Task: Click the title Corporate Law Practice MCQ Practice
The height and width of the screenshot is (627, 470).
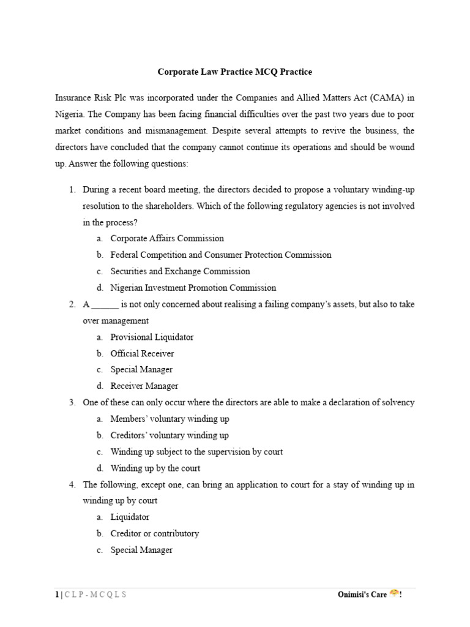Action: coord(235,72)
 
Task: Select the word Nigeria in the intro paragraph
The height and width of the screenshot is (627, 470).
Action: coord(69,114)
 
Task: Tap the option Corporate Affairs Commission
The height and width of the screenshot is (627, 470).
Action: coord(167,238)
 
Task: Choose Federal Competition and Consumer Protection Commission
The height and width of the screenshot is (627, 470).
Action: coord(221,255)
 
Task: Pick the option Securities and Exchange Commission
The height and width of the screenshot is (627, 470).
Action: coord(180,271)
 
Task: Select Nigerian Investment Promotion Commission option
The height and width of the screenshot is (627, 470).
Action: coord(193,288)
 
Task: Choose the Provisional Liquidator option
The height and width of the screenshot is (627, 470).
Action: coord(152,337)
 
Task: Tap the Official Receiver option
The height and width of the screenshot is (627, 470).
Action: coord(142,353)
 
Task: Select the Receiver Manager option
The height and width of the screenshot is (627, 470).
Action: coord(144,386)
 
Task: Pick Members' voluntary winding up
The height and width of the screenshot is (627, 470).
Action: coord(170,419)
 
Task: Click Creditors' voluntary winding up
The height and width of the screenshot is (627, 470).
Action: coord(170,435)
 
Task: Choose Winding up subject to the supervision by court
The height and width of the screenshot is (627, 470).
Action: coord(196,452)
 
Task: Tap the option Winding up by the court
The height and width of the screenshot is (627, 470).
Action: coord(155,468)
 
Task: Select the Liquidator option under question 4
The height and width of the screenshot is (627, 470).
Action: coord(130,517)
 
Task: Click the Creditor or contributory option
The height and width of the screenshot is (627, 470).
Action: coord(155,534)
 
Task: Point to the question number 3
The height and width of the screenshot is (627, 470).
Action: coord(72,403)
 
